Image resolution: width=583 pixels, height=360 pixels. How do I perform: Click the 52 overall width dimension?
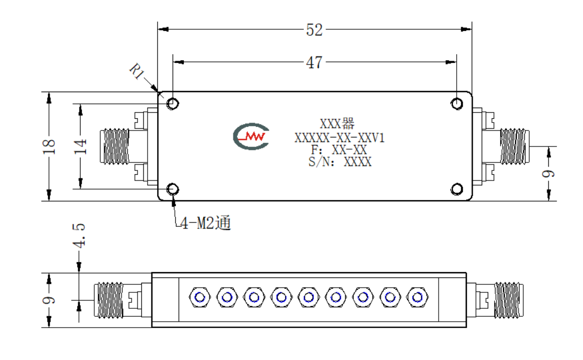[x=314, y=30]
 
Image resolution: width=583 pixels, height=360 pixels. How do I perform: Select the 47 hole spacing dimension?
[x=314, y=62]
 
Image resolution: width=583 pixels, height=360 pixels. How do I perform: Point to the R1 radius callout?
[x=136, y=71]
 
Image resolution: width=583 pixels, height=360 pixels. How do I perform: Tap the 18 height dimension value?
[x=49, y=147]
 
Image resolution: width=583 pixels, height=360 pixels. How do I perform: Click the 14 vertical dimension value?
[x=80, y=147]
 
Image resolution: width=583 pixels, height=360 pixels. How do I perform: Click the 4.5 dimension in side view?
[x=79, y=235]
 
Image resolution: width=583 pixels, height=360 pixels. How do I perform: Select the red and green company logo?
[x=251, y=136]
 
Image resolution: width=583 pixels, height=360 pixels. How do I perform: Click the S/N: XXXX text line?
[x=340, y=161]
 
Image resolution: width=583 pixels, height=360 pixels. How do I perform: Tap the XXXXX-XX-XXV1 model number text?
[x=339, y=138]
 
